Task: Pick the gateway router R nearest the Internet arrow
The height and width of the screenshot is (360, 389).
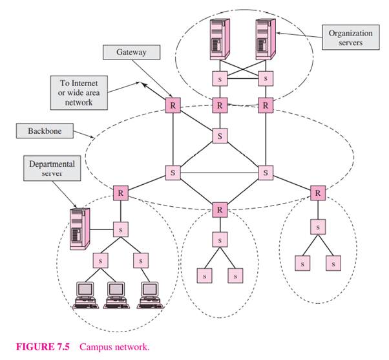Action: click(x=173, y=104)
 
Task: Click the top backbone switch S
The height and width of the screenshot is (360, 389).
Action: click(x=220, y=136)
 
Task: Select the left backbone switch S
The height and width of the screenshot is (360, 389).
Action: click(x=173, y=173)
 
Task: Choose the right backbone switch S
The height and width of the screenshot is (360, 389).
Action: click(x=266, y=173)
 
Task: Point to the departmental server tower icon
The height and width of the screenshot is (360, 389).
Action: click(x=79, y=226)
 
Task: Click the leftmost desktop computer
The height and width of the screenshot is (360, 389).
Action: click(x=85, y=294)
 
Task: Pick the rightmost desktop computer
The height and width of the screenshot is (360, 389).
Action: click(x=149, y=294)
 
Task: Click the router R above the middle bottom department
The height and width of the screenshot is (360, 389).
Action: click(x=220, y=210)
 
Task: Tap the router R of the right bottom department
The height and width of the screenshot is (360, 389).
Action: click(x=318, y=193)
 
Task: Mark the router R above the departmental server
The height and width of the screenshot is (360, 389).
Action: click(x=120, y=193)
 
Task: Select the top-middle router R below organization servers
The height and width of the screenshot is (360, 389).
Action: click(x=220, y=104)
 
